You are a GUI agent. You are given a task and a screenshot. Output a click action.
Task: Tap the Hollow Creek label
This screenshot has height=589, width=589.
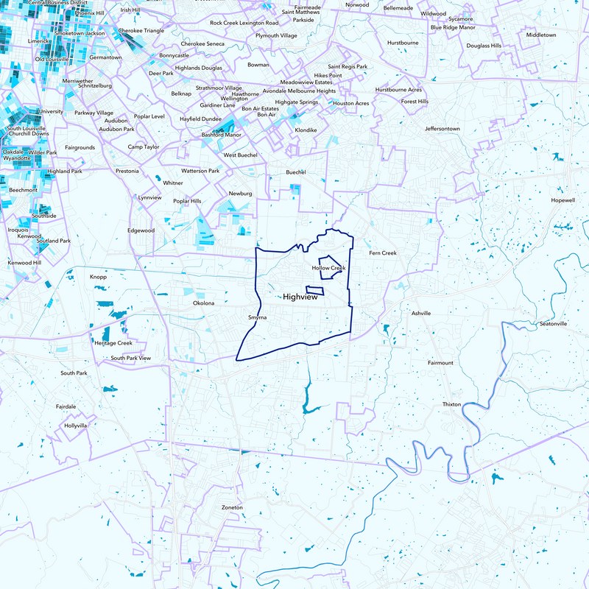pos(328,268)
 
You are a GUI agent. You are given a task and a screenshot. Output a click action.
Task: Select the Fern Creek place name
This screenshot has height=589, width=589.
pos(383,253)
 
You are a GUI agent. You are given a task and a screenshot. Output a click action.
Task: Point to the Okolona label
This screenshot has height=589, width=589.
pos(203,303)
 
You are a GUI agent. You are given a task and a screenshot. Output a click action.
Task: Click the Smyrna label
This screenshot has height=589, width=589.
pos(257,317)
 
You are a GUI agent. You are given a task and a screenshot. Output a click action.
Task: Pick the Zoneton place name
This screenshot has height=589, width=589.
pos(232,508)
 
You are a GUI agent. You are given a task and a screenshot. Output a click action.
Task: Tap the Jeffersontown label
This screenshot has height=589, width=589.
pos(442,129)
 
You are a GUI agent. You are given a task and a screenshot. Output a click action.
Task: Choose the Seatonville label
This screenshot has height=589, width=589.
pos(554,324)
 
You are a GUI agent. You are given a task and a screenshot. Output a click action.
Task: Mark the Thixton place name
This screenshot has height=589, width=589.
pos(451,405)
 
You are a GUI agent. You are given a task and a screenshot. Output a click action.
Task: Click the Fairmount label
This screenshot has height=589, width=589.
pos(440,363)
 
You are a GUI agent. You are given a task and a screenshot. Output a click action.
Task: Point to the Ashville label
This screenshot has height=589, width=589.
pos(421,313)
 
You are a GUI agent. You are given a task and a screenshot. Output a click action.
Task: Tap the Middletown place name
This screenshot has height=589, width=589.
pos(541,35)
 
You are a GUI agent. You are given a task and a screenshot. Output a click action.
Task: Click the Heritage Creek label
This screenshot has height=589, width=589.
pos(113,343)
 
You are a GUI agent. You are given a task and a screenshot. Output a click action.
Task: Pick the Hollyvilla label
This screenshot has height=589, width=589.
pos(76,426)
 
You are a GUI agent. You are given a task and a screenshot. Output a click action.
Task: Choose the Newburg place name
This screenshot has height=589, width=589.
pos(241,193)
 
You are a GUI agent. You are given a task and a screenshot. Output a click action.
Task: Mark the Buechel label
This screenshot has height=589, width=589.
pos(295,172)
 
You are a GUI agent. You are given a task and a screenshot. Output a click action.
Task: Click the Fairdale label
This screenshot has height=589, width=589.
pos(66,406)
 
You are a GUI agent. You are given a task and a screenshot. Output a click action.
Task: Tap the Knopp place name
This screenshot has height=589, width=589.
pos(98,277)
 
